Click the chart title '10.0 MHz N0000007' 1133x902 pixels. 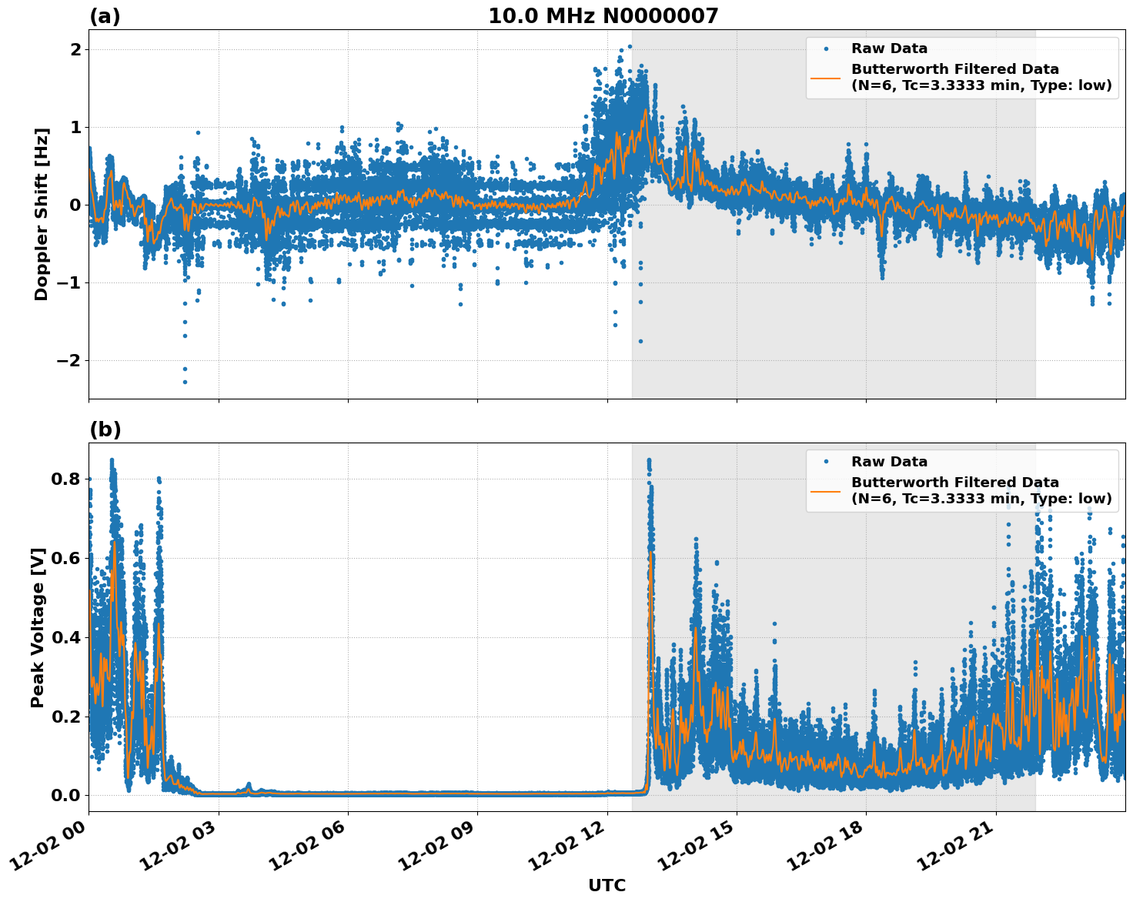pyautogui.click(x=603, y=16)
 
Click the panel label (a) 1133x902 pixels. pyautogui.click(x=105, y=16)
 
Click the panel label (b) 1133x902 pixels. pyautogui.click(x=105, y=429)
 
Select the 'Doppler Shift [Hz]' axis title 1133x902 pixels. pyautogui.click(x=42, y=214)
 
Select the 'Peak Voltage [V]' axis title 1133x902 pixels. pyautogui.click(x=38, y=627)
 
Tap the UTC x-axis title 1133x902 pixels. pyautogui.click(x=607, y=885)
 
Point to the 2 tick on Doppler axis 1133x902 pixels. pyautogui.click(x=75, y=49)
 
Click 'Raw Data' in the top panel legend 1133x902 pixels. pyautogui.click(x=889, y=48)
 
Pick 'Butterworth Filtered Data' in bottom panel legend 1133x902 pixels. pyautogui.click(x=954, y=483)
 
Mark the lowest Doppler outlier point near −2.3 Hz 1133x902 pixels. pyautogui.click(x=185, y=382)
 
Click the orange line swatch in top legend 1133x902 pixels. pyautogui.click(x=826, y=77)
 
